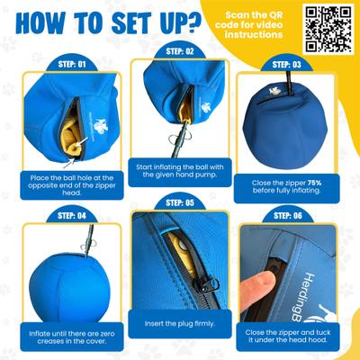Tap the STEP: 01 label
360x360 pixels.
[x=67, y=66]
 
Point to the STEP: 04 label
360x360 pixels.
[x=67, y=216]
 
